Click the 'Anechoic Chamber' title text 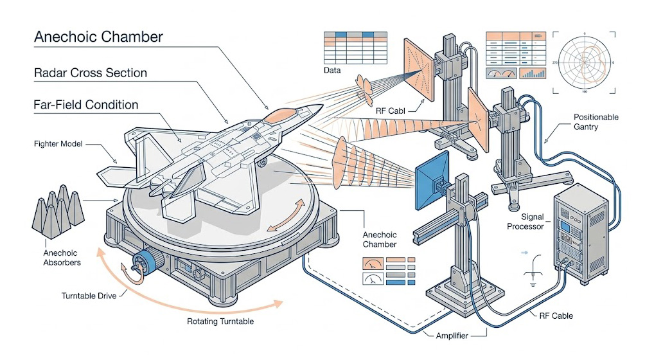tap(98, 37)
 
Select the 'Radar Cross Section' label tap(91, 73)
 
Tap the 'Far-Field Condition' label tap(86, 104)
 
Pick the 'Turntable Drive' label tap(89, 296)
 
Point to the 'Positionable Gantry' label tap(596, 122)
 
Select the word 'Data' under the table tap(333, 70)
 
